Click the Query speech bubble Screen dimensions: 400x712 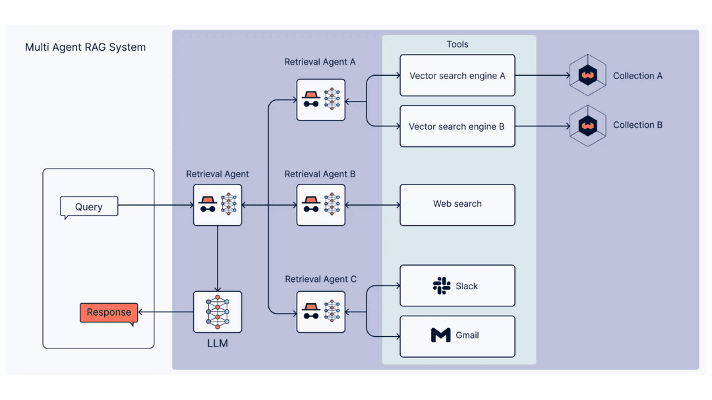click(x=89, y=206)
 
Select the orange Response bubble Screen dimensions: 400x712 click(x=109, y=312)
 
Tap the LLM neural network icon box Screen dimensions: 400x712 click(x=218, y=312)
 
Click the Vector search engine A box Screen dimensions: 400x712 click(x=457, y=76)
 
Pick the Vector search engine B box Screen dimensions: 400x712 click(x=457, y=126)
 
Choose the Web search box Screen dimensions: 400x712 click(x=457, y=204)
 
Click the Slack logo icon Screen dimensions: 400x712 click(x=441, y=286)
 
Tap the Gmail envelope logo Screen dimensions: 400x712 click(x=440, y=335)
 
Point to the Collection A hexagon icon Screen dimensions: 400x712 click(x=587, y=76)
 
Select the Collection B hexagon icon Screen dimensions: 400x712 click(x=587, y=125)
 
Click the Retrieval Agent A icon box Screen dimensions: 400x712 click(x=321, y=100)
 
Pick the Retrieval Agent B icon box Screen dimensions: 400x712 click(x=321, y=206)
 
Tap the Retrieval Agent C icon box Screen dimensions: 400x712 click(x=321, y=311)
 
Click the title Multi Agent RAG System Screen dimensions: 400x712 click(x=85, y=47)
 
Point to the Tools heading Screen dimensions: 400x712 click(x=458, y=44)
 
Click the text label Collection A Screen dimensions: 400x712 click(x=638, y=76)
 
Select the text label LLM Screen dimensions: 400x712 click(x=218, y=343)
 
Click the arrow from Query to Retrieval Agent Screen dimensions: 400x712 click(x=156, y=206)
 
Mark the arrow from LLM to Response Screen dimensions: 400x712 click(x=165, y=312)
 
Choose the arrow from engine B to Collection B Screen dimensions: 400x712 click(x=542, y=125)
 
